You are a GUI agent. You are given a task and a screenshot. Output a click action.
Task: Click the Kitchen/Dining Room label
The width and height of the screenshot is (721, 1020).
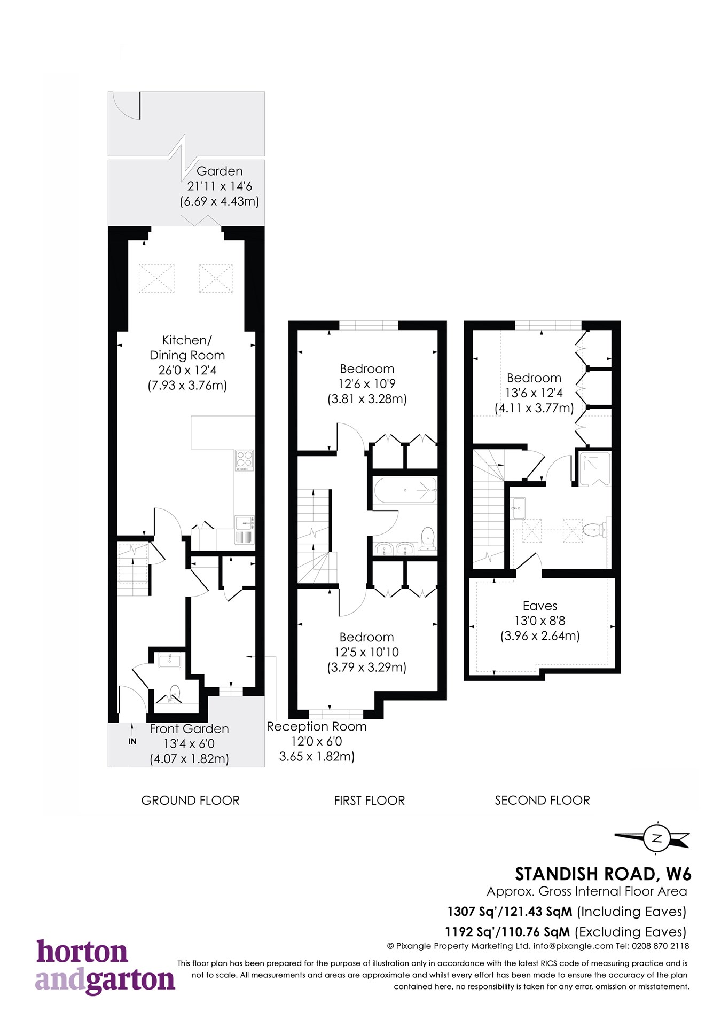click(x=187, y=348)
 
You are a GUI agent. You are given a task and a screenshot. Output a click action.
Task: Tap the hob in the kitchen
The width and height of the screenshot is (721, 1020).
click(x=245, y=460)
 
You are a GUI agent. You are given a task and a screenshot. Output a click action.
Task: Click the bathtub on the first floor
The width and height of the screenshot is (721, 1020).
click(x=405, y=490)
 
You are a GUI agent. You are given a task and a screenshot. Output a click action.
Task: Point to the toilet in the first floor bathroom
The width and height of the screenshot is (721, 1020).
click(x=428, y=538)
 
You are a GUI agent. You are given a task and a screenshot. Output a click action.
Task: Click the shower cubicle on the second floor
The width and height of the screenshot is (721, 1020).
click(x=594, y=469)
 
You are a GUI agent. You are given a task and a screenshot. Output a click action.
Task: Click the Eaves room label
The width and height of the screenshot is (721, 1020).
click(x=540, y=606)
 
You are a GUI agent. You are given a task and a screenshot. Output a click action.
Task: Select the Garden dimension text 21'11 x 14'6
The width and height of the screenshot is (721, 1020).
click(x=220, y=186)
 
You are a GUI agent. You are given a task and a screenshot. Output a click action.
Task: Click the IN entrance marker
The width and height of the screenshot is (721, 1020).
click(x=132, y=741)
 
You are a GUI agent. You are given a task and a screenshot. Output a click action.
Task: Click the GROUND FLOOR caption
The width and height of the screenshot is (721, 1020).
click(x=190, y=801)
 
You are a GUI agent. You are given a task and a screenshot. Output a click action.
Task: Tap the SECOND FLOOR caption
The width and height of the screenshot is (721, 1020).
click(x=542, y=801)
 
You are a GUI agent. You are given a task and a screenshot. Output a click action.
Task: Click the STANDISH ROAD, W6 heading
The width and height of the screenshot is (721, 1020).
click(x=603, y=874)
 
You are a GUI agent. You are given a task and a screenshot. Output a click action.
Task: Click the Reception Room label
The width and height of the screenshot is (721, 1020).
click(x=316, y=727)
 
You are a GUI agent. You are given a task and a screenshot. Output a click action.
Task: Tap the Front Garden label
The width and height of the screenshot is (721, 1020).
click(x=189, y=729)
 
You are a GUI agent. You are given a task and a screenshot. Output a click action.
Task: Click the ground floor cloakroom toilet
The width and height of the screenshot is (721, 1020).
click(x=175, y=694)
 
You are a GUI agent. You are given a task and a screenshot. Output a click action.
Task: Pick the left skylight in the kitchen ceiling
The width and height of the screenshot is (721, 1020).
click(x=156, y=278)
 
